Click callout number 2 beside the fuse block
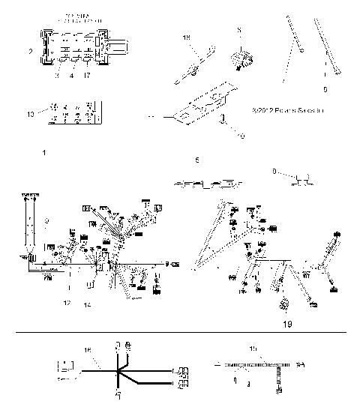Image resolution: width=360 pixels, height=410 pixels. [x=30, y=52]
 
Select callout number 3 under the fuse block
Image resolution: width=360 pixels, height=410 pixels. [x=55, y=75]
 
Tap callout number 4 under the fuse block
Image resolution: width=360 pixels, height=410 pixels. [x=72, y=75]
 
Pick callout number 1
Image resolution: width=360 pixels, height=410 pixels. [x=45, y=152]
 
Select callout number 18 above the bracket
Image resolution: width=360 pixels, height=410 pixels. [x=187, y=36]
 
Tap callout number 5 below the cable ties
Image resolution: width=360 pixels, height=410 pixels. [x=324, y=89]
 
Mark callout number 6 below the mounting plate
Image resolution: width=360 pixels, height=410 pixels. [x=196, y=160]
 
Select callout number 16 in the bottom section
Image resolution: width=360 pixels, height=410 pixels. [x=87, y=350]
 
